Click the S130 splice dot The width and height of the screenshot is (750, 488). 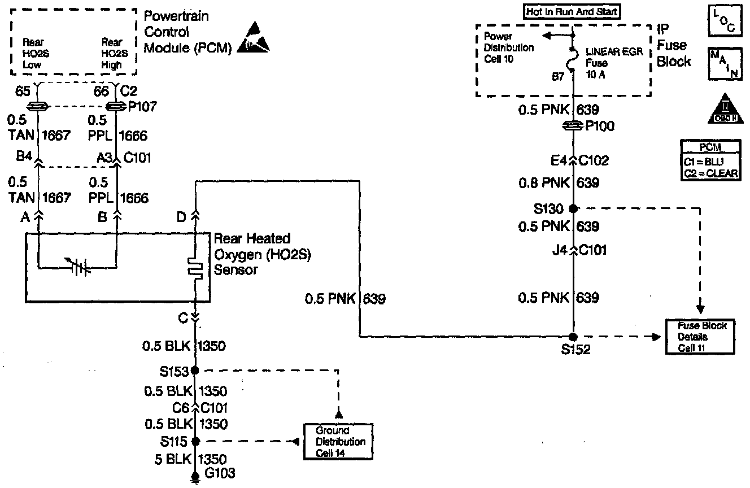[573, 208]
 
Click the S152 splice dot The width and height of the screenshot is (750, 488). [573, 337]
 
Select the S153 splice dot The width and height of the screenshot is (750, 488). [195, 371]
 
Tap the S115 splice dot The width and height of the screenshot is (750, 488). [195, 441]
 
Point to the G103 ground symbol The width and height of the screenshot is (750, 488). [195, 477]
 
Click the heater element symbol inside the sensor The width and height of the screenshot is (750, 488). [195, 268]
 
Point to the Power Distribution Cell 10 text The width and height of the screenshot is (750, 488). [508, 47]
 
